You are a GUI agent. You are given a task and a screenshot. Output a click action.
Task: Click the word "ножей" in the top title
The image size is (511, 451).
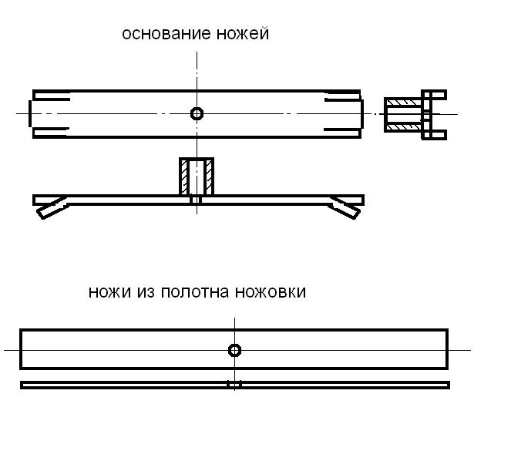coord(243,34)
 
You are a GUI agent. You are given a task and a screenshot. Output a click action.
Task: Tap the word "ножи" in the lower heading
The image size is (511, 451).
coord(109,292)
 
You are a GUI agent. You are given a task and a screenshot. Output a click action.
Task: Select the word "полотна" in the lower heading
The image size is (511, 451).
coord(195,292)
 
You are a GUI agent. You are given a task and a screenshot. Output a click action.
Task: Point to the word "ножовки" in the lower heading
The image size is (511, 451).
coord(271,292)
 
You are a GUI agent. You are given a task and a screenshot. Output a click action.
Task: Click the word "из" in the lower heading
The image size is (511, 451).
coord(146,292)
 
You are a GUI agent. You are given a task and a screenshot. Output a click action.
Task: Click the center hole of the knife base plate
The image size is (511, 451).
coord(197,114)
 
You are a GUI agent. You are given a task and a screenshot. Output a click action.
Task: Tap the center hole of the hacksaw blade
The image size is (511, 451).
coord(234,350)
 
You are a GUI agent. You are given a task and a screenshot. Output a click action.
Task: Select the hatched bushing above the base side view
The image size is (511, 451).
coord(197,177)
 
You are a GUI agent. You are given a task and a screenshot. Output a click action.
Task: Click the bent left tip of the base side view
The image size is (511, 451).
coord(52,209)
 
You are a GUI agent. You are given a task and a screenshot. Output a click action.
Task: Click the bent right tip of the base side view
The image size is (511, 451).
coord(345,209)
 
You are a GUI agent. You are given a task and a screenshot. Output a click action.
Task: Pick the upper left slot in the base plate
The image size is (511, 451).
coord(52,96)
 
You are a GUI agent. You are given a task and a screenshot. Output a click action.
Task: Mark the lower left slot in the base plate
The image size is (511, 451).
coord(51,133)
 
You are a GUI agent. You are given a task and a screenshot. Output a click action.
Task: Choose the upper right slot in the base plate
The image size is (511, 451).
coord(342,96)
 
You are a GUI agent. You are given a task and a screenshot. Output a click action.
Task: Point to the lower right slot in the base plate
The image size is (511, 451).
coord(342,133)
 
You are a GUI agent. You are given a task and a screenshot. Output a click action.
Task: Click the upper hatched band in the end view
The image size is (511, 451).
coord(403,103)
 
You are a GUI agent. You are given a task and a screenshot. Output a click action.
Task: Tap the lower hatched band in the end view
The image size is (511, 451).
coord(403,126)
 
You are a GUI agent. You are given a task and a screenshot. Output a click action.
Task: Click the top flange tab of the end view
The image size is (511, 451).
coord(434,95)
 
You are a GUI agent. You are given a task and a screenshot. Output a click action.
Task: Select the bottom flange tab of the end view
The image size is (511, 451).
coord(434,135)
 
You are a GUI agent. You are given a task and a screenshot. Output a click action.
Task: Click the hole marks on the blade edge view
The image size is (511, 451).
coord(234,385)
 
